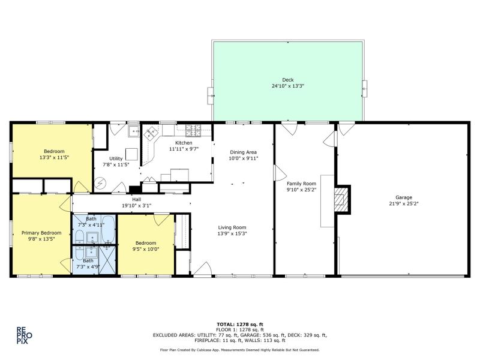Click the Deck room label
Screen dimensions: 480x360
click(x=288, y=80)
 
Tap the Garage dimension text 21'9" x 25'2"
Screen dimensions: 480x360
click(x=403, y=203)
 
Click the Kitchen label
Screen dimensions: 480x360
click(x=184, y=143)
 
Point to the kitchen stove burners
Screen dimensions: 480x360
click(x=193, y=130)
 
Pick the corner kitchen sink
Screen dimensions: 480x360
click(x=151, y=133)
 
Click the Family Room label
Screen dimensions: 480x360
click(x=301, y=184)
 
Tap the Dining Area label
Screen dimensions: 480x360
click(x=244, y=152)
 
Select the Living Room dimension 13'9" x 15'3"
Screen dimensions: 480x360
click(x=232, y=233)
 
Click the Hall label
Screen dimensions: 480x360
click(x=137, y=199)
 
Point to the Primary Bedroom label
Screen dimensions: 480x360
click(x=41, y=233)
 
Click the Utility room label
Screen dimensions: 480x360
click(x=116, y=158)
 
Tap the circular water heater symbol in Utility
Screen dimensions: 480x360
click(x=100, y=184)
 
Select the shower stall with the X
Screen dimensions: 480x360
click(x=107, y=260)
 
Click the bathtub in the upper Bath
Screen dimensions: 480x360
click(x=109, y=229)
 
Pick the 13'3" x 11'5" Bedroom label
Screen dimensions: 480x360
click(x=54, y=151)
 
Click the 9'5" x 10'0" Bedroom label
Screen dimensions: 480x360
click(x=146, y=243)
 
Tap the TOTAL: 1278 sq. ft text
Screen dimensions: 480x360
click(x=240, y=325)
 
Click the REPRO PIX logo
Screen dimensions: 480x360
click(x=24, y=335)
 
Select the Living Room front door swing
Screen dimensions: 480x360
click(x=203, y=269)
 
